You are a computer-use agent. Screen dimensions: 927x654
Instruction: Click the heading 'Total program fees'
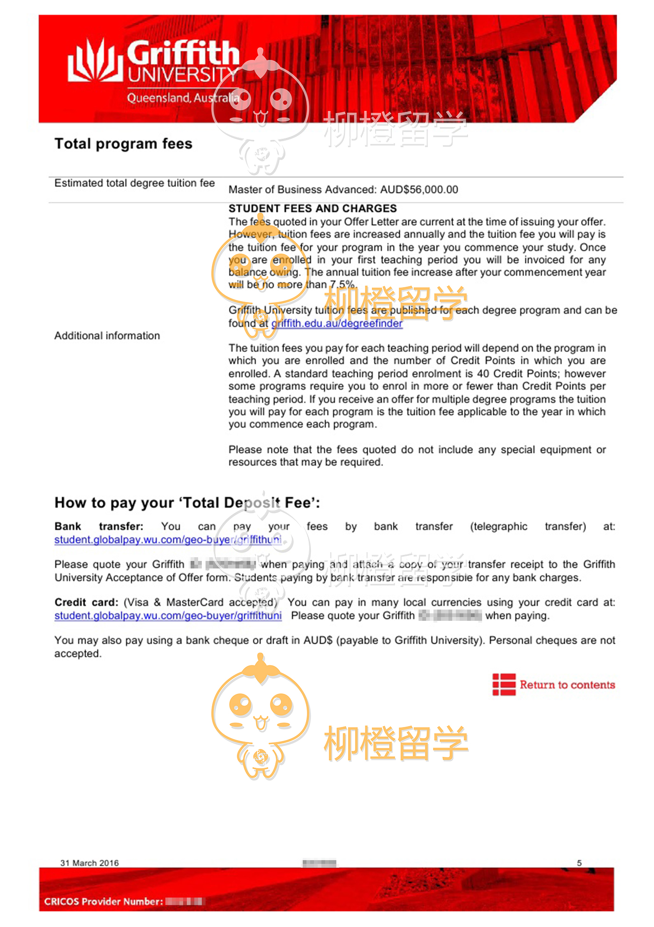123,144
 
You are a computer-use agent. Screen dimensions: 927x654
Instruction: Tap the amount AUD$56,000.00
419,190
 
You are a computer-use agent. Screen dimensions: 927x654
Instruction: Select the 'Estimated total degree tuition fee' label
135,183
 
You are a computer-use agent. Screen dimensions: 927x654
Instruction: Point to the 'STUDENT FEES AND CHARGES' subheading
313,208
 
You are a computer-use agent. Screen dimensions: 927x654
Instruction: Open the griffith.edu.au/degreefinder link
337,323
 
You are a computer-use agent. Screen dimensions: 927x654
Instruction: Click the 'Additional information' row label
107,336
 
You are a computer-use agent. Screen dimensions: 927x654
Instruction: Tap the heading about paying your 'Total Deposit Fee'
187,503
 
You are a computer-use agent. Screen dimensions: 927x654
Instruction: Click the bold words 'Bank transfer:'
99,527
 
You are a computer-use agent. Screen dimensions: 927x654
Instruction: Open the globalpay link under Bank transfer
168,540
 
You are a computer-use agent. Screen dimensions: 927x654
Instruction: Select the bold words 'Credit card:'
86,603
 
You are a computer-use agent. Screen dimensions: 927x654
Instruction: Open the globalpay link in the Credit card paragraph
168,616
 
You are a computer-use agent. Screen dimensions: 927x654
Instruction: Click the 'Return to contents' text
567,685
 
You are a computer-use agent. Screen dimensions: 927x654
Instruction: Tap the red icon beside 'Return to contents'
504,685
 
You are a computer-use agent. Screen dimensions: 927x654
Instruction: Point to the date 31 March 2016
89,863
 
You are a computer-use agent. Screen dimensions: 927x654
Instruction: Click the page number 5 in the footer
579,863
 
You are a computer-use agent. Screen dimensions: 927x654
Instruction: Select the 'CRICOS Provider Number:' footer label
104,901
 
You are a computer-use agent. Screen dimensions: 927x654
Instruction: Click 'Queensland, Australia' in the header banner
183,98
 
